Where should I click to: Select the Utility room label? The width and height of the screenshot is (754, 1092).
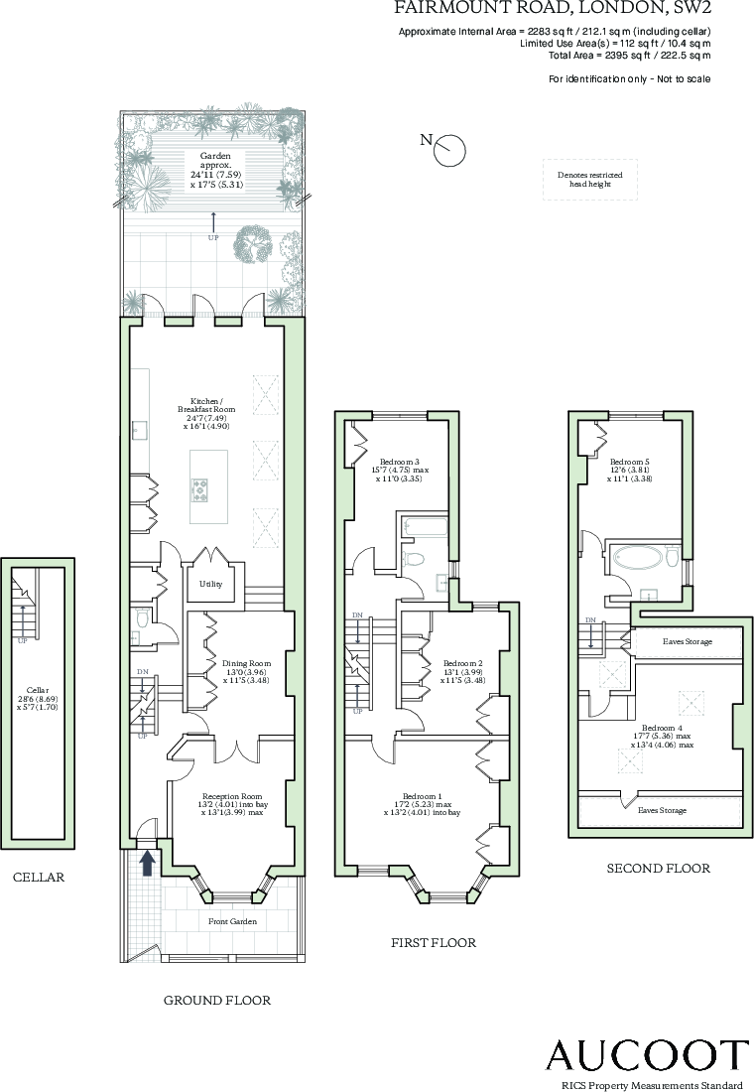click(x=210, y=584)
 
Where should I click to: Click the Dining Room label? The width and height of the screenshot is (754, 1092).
click(x=246, y=671)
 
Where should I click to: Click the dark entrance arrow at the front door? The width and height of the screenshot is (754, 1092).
click(x=147, y=863)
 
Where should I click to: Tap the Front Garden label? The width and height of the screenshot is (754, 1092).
click(x=232, y=921)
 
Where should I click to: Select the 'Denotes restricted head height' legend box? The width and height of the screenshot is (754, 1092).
click(x=589, y=180)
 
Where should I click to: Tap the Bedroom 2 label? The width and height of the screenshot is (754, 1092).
click(x=462, y=671)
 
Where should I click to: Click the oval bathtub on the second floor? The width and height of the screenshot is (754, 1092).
click(x=635, y=556)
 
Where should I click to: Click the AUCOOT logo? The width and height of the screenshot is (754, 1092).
click(x=648, y=1054)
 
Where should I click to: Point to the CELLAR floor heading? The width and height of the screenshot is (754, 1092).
click(x=39, y=878)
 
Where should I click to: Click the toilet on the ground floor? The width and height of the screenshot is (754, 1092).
click(x=142, y=619)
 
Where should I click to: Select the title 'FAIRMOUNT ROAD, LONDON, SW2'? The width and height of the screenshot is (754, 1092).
click(x=553, y=9)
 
